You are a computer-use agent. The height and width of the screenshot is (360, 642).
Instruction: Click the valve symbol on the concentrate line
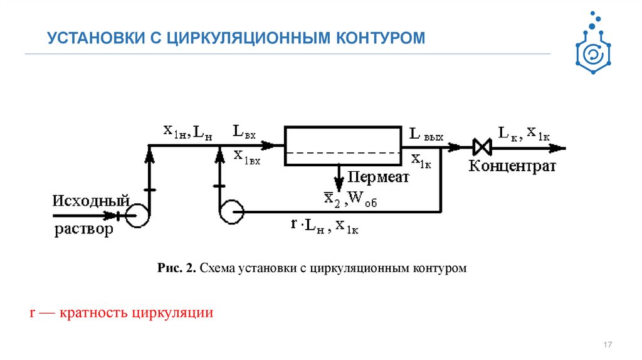click(483, 148)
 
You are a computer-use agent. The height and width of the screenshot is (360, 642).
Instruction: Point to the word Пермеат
click(379, 177)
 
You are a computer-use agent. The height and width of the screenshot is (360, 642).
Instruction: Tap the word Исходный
click(91, 201)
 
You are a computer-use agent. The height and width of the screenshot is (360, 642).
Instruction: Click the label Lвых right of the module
click(426, 134)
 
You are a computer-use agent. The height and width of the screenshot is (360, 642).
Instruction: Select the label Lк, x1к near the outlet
click(524, 132)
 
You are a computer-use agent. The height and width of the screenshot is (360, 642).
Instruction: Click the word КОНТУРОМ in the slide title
click(382, 39)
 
